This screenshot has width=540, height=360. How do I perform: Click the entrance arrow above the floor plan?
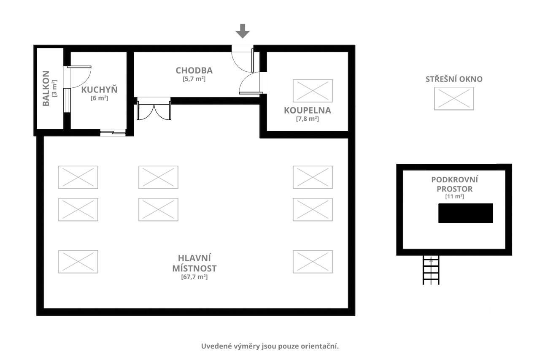(243, 31)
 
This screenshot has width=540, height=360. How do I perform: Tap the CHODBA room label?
(194, 70)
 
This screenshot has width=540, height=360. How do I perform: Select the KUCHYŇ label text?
(99, 89)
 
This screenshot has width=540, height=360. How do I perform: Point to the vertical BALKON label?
(46, 88)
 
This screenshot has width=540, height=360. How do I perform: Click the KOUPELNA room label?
(308, 111)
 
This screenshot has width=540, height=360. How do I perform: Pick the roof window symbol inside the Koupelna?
(313, 91)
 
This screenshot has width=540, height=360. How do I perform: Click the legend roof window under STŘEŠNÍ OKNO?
(454, 99)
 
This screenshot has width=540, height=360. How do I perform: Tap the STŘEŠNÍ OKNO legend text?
(454, 79)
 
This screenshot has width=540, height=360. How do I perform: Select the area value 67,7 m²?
(194, 277)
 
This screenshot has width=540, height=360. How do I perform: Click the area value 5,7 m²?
(194, 79)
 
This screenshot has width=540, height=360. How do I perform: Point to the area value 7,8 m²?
(308, 119)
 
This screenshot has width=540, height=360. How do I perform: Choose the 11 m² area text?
(454, 196)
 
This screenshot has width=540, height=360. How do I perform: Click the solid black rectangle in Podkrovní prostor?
(465, 213)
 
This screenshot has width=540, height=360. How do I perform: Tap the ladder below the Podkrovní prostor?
(431, 270)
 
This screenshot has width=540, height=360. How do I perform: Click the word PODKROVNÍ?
(454, 180)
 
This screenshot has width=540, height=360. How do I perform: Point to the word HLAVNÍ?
(194, 258)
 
